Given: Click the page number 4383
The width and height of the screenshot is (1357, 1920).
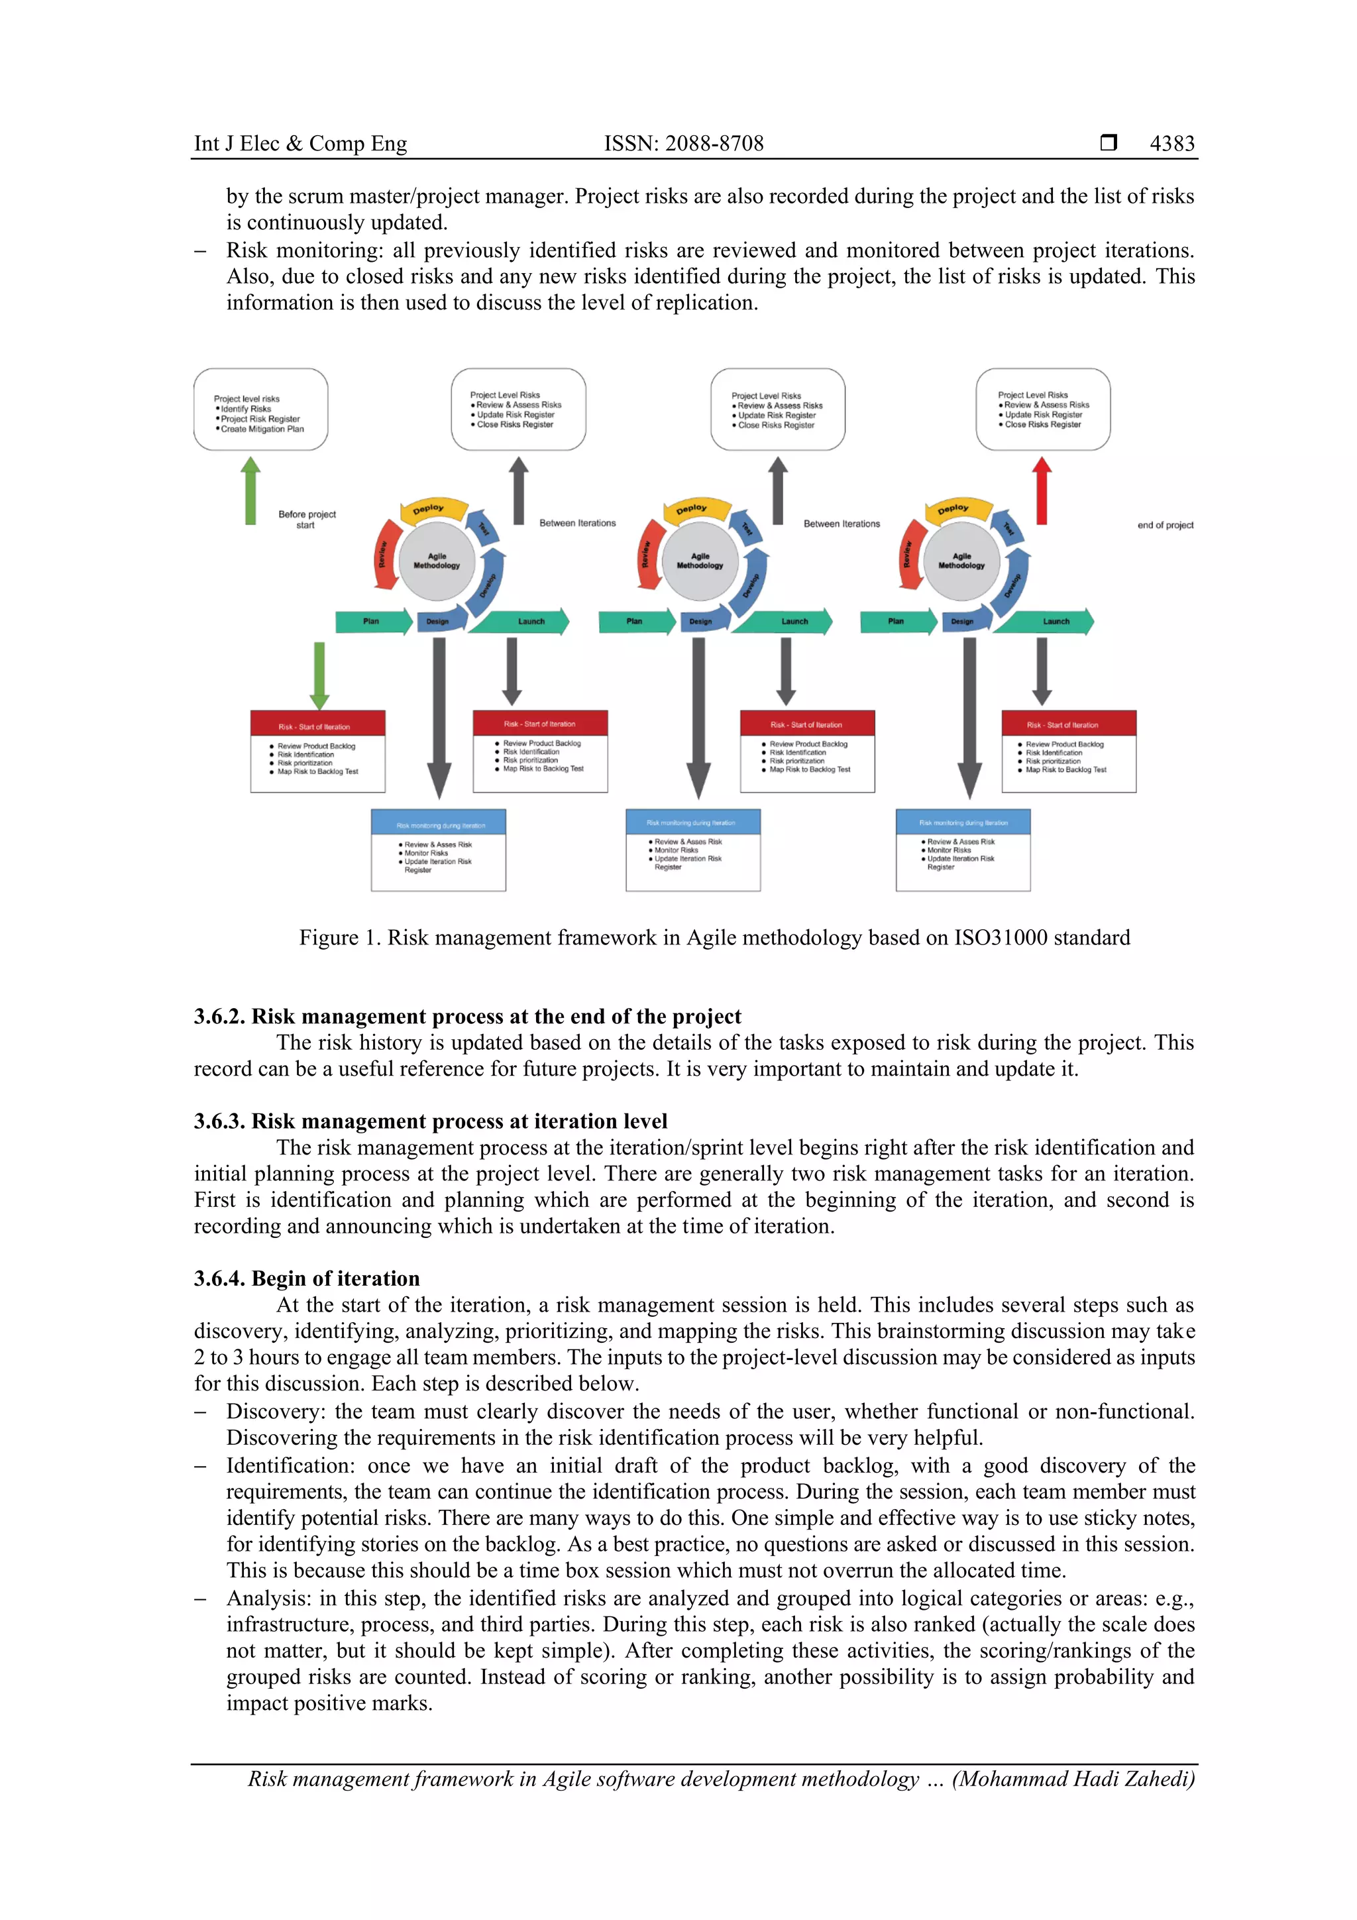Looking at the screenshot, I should pos(1171,144).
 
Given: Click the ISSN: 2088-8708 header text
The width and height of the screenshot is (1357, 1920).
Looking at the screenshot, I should pos(683,144).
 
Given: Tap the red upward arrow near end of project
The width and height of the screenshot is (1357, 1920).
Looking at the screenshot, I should pos(1041,492).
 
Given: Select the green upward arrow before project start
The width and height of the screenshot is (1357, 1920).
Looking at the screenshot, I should pos(250,492).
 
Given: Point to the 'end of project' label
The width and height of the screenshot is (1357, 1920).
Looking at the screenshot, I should pos(1165,525).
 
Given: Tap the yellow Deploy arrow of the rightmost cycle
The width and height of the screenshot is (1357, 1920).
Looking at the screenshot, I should pos(955,509).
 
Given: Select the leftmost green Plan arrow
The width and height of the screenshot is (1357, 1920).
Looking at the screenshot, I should pos(372,621).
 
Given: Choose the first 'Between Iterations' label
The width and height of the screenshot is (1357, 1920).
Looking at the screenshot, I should pos(577,524).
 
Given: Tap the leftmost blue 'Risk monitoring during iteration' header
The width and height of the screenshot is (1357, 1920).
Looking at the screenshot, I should pos(439,825).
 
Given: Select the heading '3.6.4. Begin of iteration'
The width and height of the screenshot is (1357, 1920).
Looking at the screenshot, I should pos(307,1278).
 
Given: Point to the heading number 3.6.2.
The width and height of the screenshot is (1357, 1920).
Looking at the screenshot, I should pos(219,1017).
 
